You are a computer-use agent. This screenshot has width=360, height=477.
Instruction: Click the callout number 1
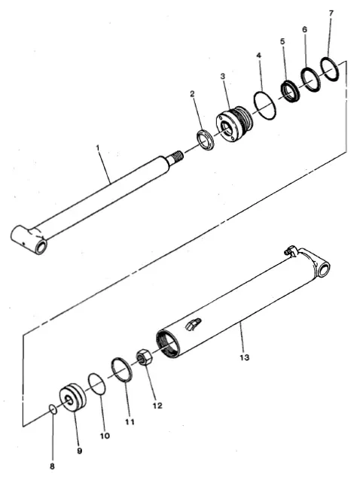coord(98,148)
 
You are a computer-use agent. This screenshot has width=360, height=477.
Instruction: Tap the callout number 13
coord(244,357)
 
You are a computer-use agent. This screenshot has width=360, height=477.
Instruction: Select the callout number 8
coord(52,466)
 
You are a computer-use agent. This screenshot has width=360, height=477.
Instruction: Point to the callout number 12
coord(157,406)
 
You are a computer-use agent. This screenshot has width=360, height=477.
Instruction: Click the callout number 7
coord(331,14)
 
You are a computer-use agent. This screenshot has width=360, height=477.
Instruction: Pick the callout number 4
coord(258,56)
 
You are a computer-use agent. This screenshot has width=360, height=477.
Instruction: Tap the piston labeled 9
coord(72,397)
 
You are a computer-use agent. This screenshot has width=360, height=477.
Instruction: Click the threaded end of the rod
coord(177,156)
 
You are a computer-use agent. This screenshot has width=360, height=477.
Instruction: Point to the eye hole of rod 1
coord(41,247)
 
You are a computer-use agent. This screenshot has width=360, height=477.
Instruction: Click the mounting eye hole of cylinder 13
coord(325,269)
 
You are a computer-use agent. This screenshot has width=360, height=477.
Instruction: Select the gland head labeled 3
coord(234,124)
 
